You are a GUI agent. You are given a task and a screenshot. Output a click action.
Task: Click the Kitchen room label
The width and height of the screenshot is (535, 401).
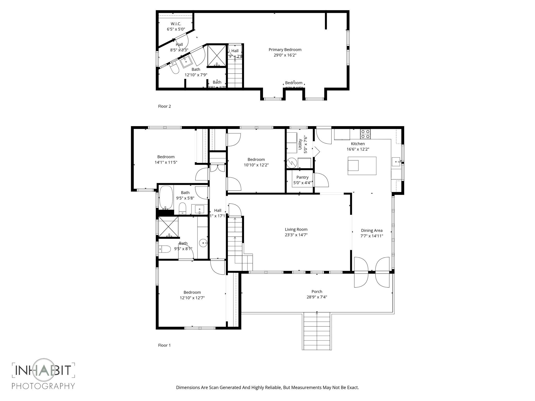pyautogui.click(x=358, y=144)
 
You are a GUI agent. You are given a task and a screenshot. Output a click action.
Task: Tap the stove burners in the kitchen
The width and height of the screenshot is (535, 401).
pyautogui.click(x=365, y=134)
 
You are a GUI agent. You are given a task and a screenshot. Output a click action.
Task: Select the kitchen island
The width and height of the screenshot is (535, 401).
pyautogui.click(x=362, y=166)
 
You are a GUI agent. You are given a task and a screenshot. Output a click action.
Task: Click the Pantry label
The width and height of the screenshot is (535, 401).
pyautogui.click(x=302, y=177)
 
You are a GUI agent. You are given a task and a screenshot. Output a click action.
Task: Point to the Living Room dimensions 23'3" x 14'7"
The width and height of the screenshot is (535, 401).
pyautogui.click(x=296, y=235)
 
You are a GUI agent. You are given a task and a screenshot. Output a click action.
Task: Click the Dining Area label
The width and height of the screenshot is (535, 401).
pyautogui.click(x=371, y=231)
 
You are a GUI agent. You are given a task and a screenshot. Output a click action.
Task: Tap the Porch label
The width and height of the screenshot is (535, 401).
pyautogui.click(x=317, y=292)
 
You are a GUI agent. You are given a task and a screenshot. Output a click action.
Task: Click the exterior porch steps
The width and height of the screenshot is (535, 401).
pyautogui.click(x=317, y=332)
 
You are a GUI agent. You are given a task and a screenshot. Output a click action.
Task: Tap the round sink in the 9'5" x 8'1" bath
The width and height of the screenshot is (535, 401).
pyautogui.click(x=203, y=243)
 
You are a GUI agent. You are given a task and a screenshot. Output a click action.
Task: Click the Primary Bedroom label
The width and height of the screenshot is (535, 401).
pyautogui.click(x=285, y=50)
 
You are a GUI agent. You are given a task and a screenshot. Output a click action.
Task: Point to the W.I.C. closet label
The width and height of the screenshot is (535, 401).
pyautogui.click(x=176, y=24)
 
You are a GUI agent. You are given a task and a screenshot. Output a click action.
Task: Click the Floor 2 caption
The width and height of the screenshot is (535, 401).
pyautogui.click(x=164, y=106)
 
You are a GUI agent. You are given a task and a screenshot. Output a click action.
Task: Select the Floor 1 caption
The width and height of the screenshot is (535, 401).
pyautogui.click(x=164, y=345)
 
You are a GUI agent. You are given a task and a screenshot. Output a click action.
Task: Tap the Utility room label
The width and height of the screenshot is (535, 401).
pyautogui.click(x=300, y=144)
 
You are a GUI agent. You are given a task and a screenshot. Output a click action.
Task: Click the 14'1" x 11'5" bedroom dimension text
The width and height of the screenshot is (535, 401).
pyautogui.click(x=166, y=162)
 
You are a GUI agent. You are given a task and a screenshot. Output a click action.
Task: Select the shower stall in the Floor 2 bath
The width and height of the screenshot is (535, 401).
pyautogui.click(x=217, y=56)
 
